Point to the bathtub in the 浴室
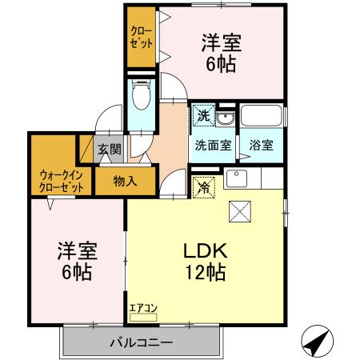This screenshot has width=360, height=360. coord(260,118)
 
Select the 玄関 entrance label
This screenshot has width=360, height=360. coord(110,149)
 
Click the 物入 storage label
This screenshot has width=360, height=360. coord(125,181)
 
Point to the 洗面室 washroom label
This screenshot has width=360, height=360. coord(213,146)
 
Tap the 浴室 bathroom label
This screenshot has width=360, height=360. coord(260,146)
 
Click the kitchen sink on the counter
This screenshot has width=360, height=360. coord(237,178)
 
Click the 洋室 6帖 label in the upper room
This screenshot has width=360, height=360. coord(220,52)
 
